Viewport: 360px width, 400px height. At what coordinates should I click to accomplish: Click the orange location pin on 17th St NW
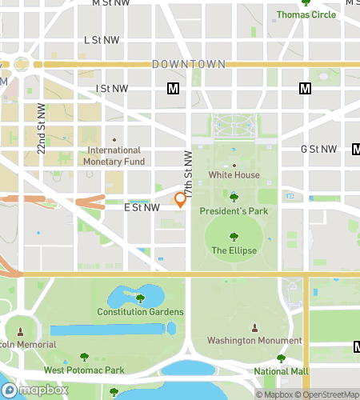(181, 199)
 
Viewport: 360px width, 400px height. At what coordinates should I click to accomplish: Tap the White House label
(234, 175)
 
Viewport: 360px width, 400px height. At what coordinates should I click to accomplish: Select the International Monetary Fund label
(114, 155)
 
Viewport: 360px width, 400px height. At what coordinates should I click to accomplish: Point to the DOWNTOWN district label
(189, 64)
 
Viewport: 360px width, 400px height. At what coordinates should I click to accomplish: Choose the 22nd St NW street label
(41, 129)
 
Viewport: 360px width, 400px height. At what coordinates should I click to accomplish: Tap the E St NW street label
(142, 207)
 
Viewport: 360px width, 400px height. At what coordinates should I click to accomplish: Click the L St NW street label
(102, 39)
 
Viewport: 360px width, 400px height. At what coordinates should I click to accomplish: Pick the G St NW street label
(319, 149)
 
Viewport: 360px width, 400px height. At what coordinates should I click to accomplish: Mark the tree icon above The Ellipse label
(234, 237)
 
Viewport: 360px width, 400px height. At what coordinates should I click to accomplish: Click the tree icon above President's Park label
(234, 197)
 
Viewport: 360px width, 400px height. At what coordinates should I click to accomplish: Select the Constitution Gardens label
(140, 312)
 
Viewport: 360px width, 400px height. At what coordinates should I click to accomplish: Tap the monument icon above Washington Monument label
(254, 327)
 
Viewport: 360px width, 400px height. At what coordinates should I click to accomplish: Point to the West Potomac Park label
(84, 370)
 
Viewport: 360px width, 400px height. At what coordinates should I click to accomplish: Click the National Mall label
(281, 371)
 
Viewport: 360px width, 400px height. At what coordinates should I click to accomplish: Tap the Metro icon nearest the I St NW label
(172, 88)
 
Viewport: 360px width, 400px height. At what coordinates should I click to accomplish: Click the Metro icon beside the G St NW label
(355, 149)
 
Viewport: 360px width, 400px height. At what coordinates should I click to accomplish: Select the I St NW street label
(111, 88)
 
